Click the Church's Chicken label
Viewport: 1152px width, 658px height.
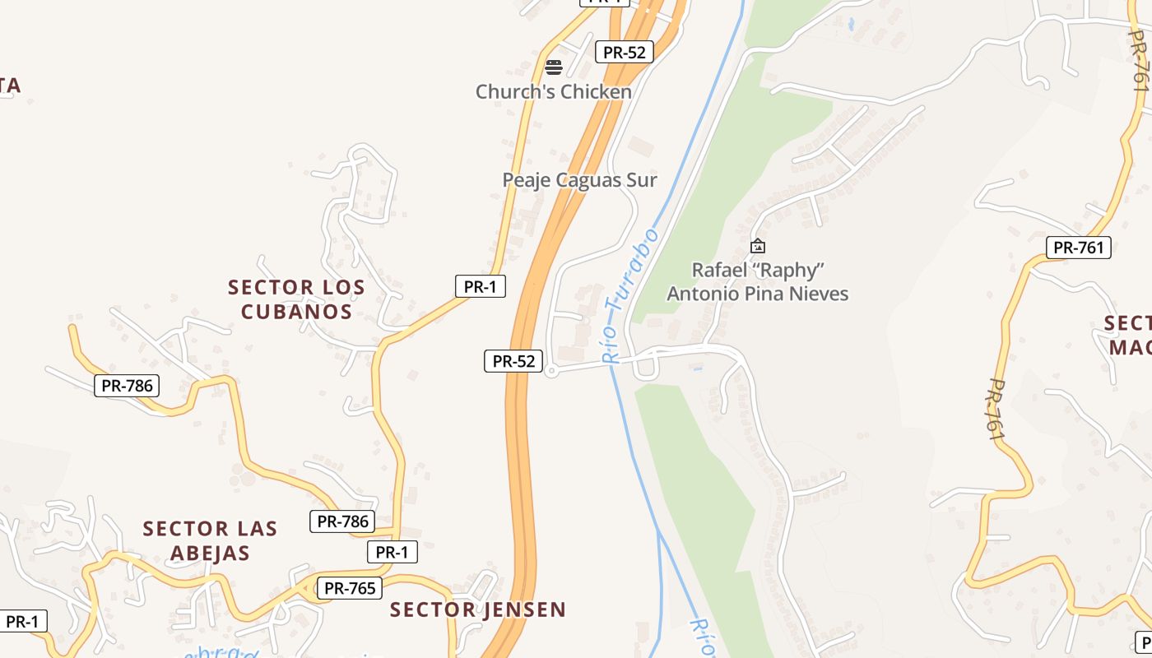click(x=554, y=91)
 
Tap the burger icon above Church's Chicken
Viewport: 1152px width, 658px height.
click(x=554, y=67)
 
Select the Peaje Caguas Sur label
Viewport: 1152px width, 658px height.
click(x=580, y=180)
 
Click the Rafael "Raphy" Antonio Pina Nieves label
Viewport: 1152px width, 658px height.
click(x=757, y=282)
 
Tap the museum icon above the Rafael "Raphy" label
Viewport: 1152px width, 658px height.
click(x=758, y=245)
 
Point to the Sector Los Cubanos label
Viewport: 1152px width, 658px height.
click(x=296, y=299)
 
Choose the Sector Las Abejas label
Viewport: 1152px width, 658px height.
click(x=210, y=540)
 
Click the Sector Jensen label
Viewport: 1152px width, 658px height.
click(x=478, y=609)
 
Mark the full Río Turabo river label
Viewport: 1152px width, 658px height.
click(x=629, y=296)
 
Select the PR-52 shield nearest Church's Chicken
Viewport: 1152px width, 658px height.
click(x=624, y=52)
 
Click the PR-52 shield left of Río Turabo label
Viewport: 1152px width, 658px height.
click(x=513, y=360)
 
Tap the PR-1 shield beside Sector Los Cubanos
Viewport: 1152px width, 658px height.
click(x=480, y=286)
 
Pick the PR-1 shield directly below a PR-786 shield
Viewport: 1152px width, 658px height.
click(x=392, y=552)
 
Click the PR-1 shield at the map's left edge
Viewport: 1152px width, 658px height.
click(x=22, y=622)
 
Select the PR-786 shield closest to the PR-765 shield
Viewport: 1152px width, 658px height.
click(x=342, y=521)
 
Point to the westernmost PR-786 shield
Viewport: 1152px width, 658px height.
click(x=127, y=385)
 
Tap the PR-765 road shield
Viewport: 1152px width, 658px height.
click(x=350, y=588)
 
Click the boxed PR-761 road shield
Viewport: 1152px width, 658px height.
click(x=1078, y=247)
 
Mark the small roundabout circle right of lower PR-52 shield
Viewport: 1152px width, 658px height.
click(x=551, y=372)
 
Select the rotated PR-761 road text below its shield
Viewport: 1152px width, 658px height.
click(x=996, y=410)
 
